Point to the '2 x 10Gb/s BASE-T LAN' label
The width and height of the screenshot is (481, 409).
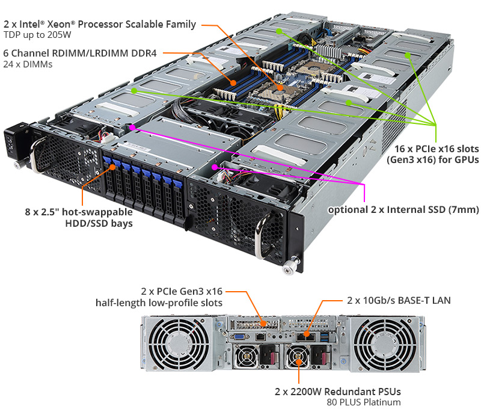click(398, 300)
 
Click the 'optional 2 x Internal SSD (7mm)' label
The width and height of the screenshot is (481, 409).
click(403, 210)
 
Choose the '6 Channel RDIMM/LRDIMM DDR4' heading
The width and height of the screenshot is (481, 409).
click(80, 53)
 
